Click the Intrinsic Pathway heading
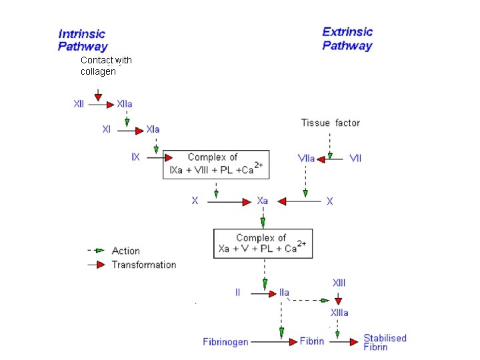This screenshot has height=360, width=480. click(x=83, y=40)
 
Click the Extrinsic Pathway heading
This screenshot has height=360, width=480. click(x=347, y=39)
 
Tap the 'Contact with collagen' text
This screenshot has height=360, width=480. click(x=106, y=65)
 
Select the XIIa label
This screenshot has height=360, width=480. click(x=125, y=105)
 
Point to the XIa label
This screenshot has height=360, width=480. click(x=153, y=129)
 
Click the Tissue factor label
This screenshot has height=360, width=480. click(x=330, y=123)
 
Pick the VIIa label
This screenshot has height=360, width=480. click(x=307, y=159)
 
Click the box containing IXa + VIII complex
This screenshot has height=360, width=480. click(x=216, y=164)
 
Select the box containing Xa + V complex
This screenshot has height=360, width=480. click(x=263, y=243)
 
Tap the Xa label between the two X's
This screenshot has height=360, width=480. click(x=263, y=201)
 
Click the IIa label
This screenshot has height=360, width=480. click(x=285, y=293)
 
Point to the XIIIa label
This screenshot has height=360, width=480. click(x=339, y=313)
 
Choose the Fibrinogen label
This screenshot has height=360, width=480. click(x=225, y=342)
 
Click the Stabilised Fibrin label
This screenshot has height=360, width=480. click(x=385, y=342)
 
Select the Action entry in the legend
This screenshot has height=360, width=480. click(x=125, y=251)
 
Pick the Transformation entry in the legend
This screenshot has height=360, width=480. click(x=143, y=265)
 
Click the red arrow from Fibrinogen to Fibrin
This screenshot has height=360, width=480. click(x=273, y=342)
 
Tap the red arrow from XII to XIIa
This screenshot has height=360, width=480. click(x=101, y=105)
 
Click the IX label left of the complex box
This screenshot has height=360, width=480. click(x=135, y=158)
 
